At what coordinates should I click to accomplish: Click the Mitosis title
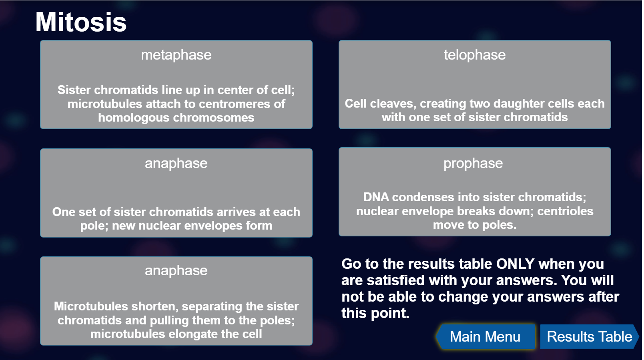[81, 22]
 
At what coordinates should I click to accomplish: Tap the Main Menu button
[485, 337]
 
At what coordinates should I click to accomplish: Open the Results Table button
[590, 337]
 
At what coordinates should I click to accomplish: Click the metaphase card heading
[176, 55]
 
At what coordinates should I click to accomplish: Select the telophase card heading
[475, 55]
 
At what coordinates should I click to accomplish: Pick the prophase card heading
[473, 164]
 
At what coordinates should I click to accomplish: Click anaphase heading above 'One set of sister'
[176, 164]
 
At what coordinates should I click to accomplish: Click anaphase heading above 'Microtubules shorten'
[176, 271]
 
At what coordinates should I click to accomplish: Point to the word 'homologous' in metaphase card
[134, 118]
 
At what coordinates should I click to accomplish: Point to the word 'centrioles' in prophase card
[565, 212]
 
